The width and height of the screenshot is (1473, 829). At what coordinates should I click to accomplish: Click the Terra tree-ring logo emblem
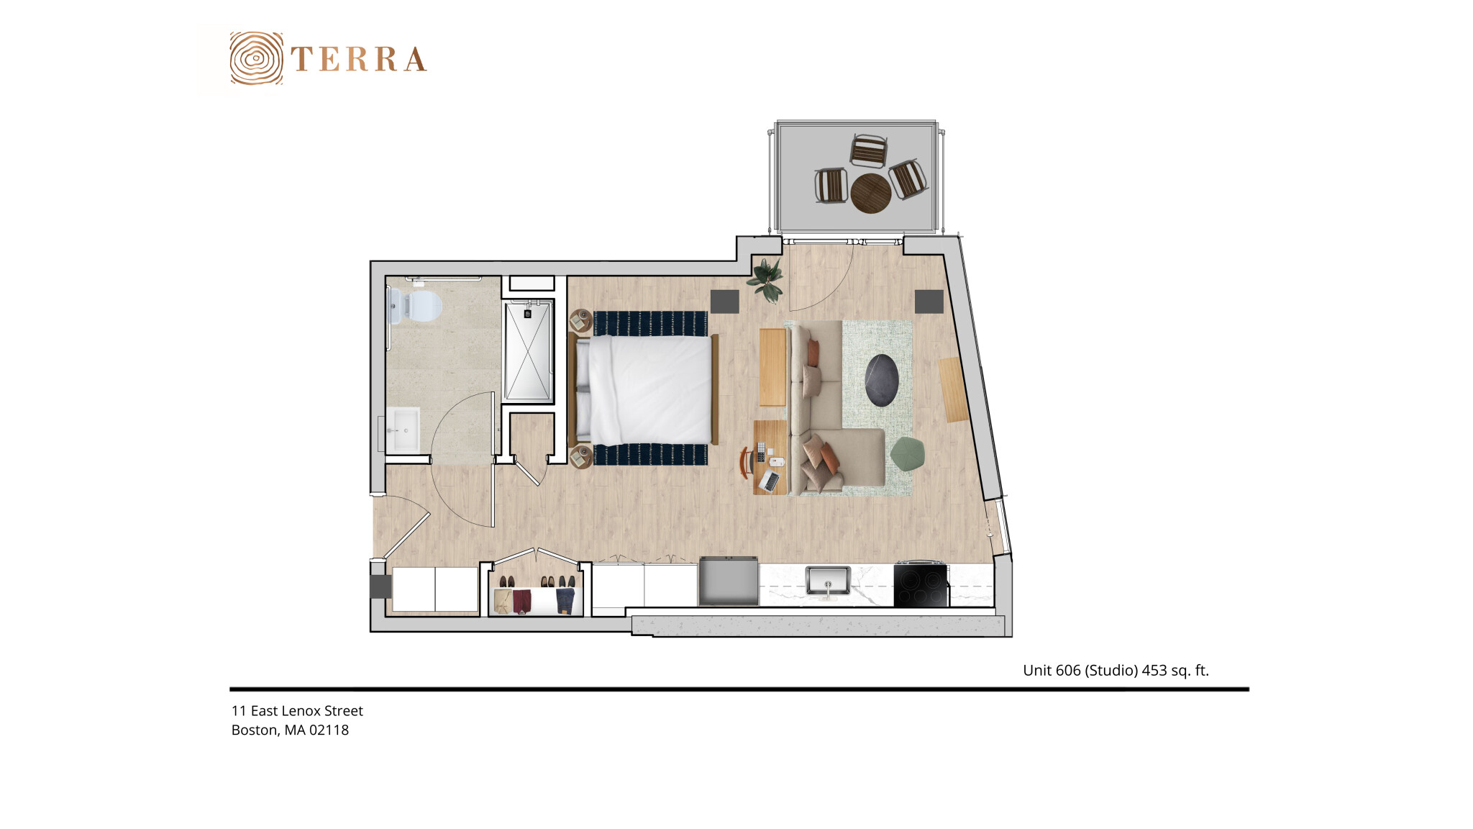pos(256,58)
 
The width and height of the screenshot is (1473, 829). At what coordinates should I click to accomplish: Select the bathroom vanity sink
pos(403,430)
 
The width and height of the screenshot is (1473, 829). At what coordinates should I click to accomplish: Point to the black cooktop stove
pos(921,585)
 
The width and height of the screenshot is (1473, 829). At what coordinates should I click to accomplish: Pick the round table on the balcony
pos(871,193)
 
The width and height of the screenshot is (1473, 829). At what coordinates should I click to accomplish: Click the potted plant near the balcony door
pos(767,280)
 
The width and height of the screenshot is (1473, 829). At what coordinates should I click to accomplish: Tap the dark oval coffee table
pos(882,380)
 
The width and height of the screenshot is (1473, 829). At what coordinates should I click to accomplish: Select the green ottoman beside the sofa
pos(908,454)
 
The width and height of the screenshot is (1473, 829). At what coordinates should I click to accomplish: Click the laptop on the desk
pos(769,481)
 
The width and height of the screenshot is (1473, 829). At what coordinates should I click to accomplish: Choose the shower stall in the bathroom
pos(528,351)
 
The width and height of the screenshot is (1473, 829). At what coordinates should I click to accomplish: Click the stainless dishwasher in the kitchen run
pos(729,581)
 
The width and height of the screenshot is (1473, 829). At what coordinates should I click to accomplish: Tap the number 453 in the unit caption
pos(1154,671)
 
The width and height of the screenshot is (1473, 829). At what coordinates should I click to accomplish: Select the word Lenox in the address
pos(301,711)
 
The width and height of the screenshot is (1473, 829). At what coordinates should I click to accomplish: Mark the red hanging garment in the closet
pos(522,602)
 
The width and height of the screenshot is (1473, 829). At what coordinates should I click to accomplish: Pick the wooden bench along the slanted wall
pos(954,389)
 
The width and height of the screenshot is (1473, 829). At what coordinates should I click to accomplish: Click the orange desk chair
pos(746,461)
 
